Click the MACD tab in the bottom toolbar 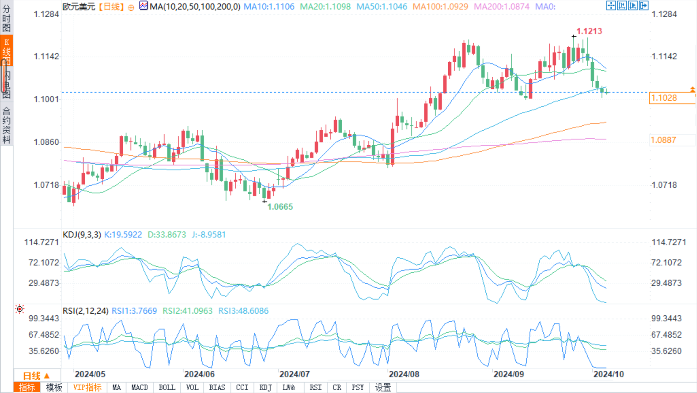[139, 388]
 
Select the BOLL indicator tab [166, 388]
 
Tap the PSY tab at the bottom [358, 388]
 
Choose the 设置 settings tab [383, 388]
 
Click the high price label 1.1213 [589, 31]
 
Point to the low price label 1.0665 [280, 207]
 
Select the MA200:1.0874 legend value [501, 7]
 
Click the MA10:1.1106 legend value [269, 7]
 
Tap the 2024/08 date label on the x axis [404, 374]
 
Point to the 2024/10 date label [608, 374]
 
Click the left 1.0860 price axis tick [46, 142]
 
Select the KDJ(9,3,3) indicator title [82, 235]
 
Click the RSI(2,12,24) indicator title [85, 311]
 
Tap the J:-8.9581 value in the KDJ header [208, 235]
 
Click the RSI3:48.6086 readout [243, 311]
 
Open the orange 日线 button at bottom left [36, 376]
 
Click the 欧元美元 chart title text [79, 7]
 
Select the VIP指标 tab [87, 388]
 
